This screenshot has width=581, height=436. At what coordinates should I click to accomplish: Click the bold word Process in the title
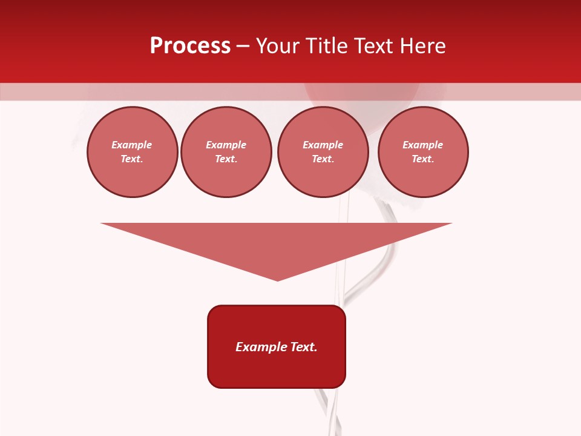point(190,46)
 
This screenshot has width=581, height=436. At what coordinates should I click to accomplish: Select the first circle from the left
point(133,152)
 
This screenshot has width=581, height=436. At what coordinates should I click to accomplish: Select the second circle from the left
point(226,152)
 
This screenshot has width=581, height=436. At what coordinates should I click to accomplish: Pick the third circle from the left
point(323,152)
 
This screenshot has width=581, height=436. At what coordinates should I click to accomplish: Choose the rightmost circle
point(423,152)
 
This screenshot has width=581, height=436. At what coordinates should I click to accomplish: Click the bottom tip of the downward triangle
point(277,279)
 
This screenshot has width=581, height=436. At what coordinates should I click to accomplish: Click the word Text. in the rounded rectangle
point(304,347)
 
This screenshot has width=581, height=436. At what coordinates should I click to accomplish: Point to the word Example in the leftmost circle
point(132,145)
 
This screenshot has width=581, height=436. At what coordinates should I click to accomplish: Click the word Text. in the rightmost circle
point(423,159)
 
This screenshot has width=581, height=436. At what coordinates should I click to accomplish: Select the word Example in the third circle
point(323,145)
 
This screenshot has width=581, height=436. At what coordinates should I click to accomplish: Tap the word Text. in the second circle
point(226,159)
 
